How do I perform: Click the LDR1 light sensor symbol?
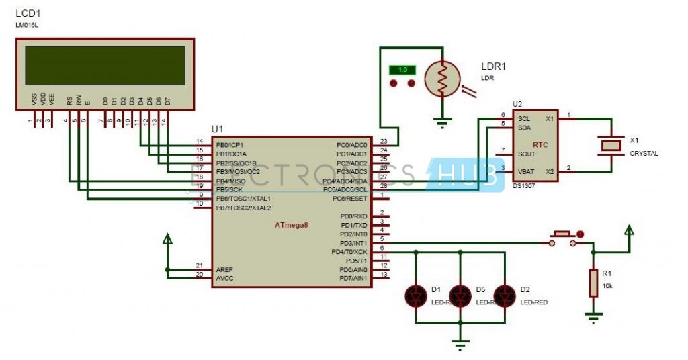click(x=442, y=78)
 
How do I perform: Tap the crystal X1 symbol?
click(x=611, y=144)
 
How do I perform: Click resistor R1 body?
click(x=593, y=283)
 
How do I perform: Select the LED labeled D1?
click(x=416, y=295)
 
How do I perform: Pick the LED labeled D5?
click(x=460, y=295)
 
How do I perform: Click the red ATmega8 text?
click(x=291, y=224)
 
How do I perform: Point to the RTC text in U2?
click(x=540, y=144)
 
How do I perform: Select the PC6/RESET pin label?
click(x=351, y=199)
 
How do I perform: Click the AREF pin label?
click(x=224, y=269)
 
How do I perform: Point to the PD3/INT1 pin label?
click(x=353, y=242)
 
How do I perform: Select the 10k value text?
click(x=608, y=286)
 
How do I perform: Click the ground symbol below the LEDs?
click(x=460, y=344)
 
